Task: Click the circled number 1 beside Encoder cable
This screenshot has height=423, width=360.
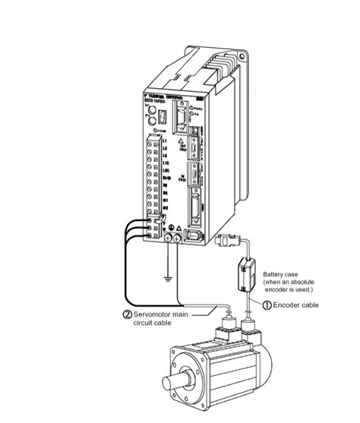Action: (267, 305)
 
